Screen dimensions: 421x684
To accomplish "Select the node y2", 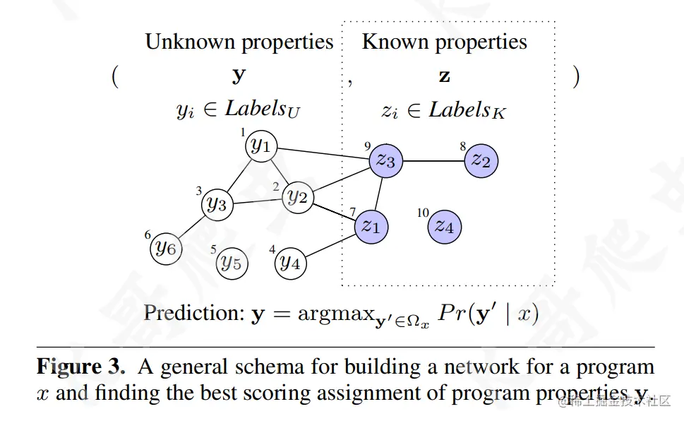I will (297, 198).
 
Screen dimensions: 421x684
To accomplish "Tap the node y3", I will (216, 205).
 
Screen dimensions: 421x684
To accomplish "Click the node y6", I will (166, 247).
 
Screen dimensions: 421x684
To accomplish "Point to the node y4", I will (290, 263).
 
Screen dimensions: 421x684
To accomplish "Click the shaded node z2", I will (482, 160).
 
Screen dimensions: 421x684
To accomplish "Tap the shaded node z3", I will (386, 160).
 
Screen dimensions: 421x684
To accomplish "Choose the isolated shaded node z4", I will (444, 226).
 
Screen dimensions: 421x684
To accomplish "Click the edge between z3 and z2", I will (434, 161).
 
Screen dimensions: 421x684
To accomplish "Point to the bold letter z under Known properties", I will (444, 76).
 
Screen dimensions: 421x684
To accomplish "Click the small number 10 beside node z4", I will (423, 213).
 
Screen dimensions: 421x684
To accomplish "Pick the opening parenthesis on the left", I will (114, 76).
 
